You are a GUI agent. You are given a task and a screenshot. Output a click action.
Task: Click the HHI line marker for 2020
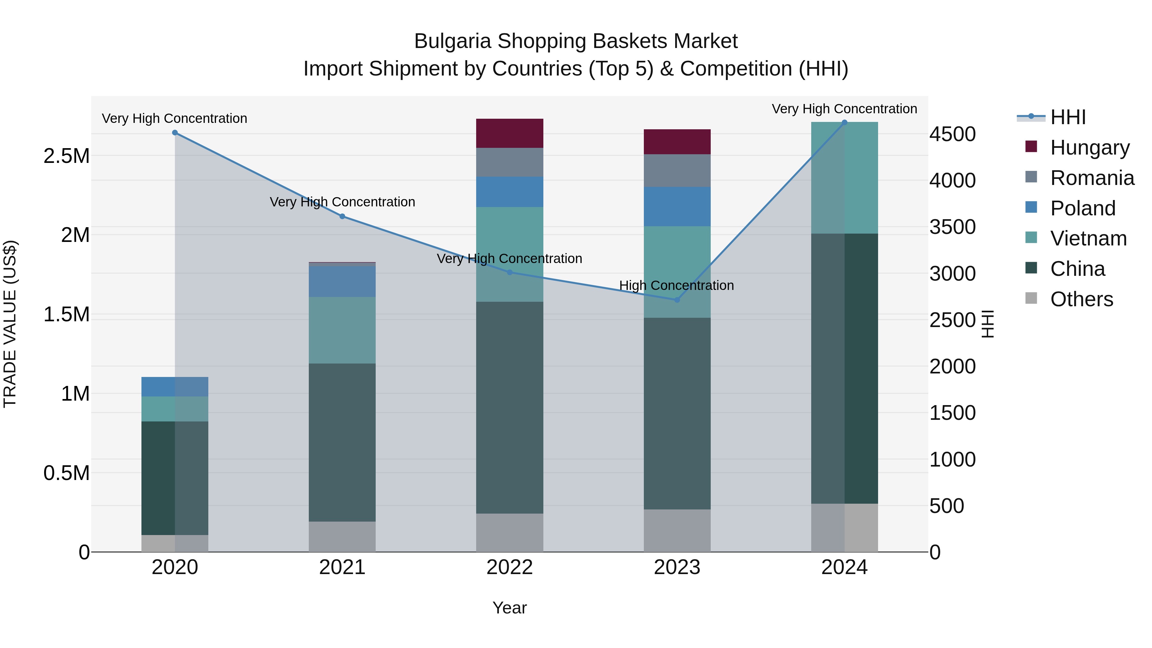coord(175,133)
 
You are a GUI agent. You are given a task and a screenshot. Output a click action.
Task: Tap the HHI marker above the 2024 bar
coord(844,123)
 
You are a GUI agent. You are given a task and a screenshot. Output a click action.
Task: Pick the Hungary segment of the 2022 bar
coord(509,133)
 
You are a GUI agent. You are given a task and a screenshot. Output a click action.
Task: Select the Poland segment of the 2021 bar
coord(342,282)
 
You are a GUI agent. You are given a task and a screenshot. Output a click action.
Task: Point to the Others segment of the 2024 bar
coord(844,528)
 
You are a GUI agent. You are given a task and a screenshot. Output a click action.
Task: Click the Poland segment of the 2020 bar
coord(175,387)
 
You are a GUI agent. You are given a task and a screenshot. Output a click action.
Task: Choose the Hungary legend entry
coord(1089,148)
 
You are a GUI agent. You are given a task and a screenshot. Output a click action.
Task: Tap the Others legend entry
coord(1081,299)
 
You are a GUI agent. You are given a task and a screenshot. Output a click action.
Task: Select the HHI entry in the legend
coord(1068,117)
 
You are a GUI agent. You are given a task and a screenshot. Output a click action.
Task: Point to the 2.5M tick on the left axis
coord(66,156)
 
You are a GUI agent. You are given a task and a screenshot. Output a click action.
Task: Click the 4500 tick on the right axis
coord(953,134)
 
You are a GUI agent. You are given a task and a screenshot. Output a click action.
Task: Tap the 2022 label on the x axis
coord(509,567)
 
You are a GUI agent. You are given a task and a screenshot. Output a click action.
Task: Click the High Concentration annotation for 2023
coord(676,285)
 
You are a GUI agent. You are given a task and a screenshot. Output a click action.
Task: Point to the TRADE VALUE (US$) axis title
coord(10,324)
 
